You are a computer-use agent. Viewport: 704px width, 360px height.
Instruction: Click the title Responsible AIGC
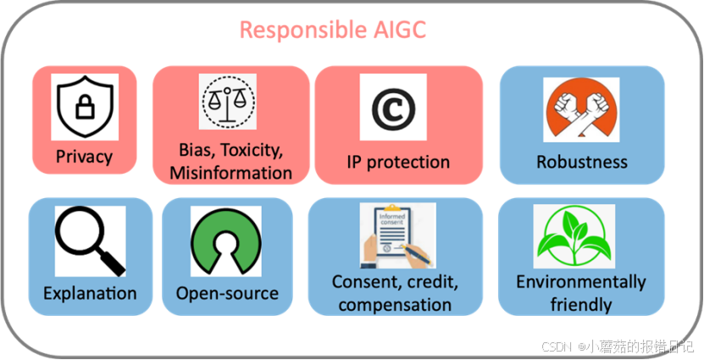pyautogui.click(x=332, y=30)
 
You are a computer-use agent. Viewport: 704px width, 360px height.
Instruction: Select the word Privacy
pyautogui.click(x=84, y=157)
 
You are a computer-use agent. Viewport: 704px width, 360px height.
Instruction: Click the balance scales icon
pyautogui.click(x=228, y=102)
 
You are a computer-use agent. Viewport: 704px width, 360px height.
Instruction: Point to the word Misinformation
pyautogui.click(x=230, y=174)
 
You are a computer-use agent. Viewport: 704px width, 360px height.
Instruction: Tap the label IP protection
pyautogui.click(x=398, y=162)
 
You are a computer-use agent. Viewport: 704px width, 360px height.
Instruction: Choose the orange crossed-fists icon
pyautogui.click(x=581, y=109)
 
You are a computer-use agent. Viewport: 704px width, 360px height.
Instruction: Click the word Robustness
pyautogui.click(x=582, y=162)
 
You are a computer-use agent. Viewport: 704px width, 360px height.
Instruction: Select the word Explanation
pyautogui.click(x=90, y=294)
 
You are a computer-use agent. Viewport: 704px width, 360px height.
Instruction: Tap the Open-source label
pyautogui.click(x=227, y=294)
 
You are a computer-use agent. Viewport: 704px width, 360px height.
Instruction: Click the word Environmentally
pyautogui.click(x=581, y=282)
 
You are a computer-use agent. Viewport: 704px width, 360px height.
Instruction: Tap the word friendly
pyautogui.click(x=581, y=303)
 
